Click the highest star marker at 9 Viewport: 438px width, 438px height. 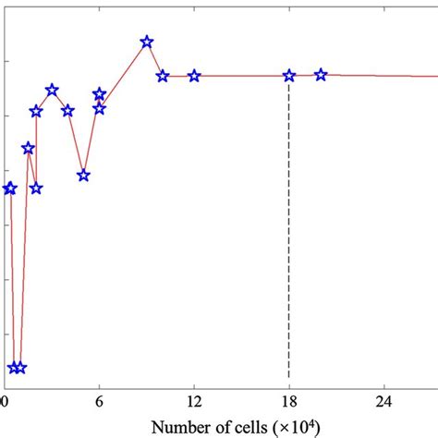coord(146,42)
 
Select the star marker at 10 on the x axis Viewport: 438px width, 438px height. coord(163,76)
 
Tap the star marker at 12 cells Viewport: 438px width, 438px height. coord(194,76)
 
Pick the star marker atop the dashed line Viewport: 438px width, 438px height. coord(289,76)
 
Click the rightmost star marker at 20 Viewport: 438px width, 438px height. coord(321,75)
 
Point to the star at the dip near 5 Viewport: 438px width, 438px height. coord(83,175)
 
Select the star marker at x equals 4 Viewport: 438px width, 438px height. coord(67,111)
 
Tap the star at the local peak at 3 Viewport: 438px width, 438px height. coord(52,90)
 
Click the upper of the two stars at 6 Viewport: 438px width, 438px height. coord(99,94)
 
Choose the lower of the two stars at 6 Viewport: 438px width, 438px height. coord(99,108)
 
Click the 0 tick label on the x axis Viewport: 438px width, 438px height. coord(5,403)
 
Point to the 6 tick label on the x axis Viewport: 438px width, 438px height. coord(99,403)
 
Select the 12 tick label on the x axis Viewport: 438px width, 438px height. coord(194,403)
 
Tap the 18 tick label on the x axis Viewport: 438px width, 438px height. coord(289,403)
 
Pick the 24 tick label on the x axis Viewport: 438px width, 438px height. coord(384,403)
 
